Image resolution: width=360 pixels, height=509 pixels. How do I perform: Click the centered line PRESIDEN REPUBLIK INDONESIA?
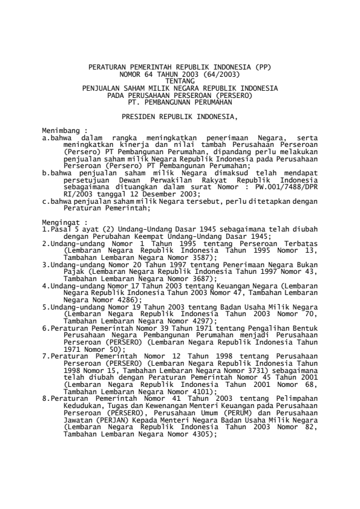[180, 115]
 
